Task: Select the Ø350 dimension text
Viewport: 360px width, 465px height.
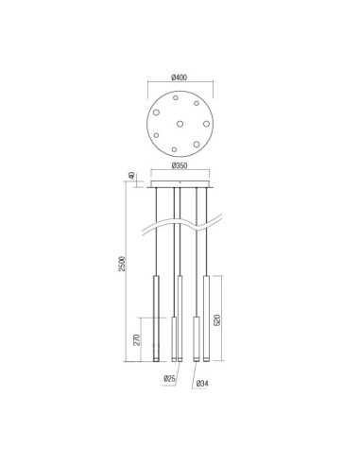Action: [x=180, y=166]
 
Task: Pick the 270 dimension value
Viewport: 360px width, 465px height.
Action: [x=138, y=340]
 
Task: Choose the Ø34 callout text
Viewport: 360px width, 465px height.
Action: [x=202, y=385]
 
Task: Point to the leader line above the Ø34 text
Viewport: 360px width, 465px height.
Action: [x=196, y=372]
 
